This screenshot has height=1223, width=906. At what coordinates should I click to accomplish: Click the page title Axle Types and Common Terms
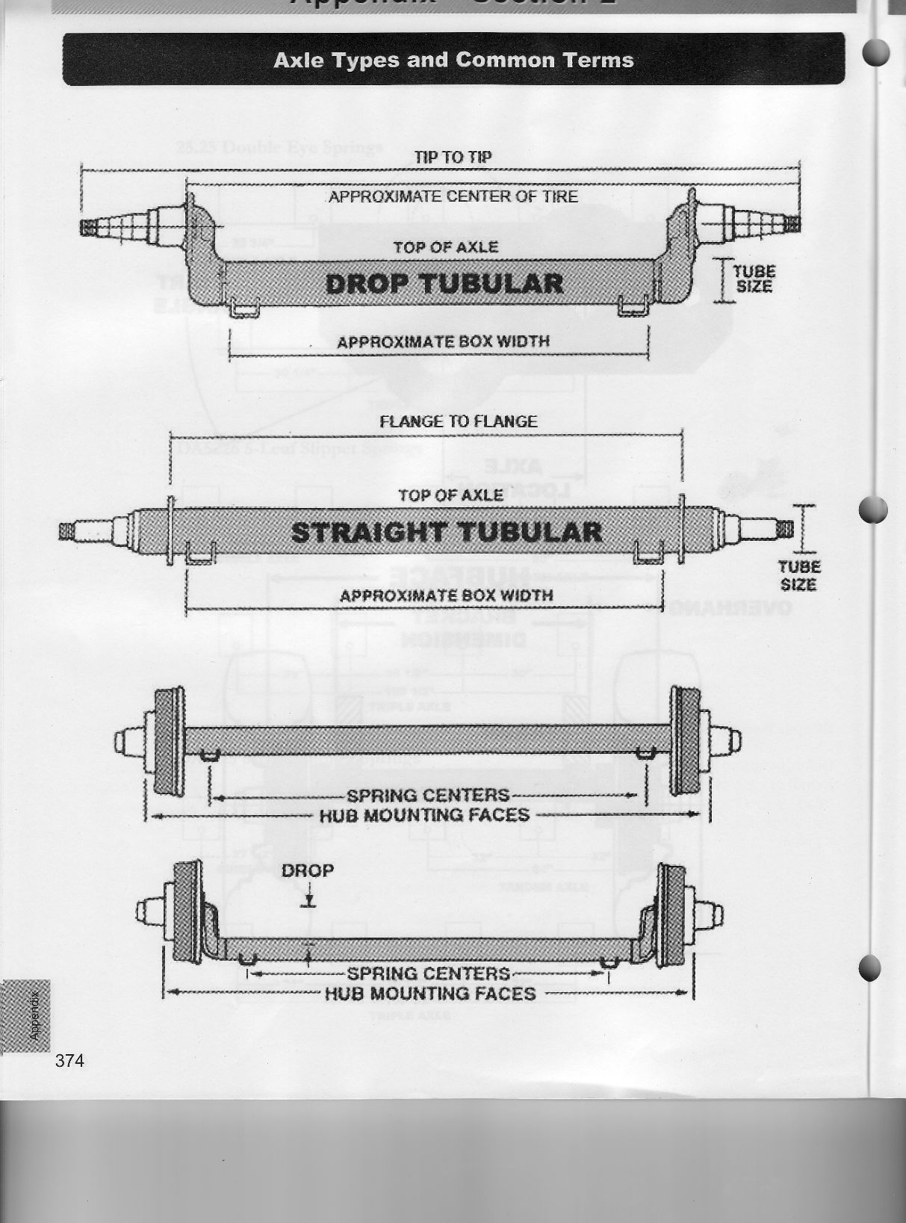[x=453, y=61]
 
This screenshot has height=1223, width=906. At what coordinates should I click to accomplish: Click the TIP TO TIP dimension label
[x=453, y=157]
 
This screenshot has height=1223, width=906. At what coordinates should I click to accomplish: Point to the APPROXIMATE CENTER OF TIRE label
[x=453, y=196]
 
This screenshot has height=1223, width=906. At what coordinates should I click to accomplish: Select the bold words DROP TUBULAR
[x=444, y=284]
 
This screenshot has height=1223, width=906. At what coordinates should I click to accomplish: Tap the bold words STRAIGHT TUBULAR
[x=446, y=533]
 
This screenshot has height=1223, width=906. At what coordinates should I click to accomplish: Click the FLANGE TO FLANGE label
[x=458, y=421]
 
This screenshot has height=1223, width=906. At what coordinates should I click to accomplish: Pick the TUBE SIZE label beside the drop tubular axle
[x=754, y=278]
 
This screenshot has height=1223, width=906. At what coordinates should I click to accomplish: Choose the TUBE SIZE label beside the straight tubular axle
[x=799, y=575]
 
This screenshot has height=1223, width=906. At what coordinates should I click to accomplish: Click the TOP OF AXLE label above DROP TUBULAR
[x=446, y=247]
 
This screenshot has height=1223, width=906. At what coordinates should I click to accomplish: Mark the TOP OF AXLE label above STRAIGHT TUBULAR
[x=450, y=495]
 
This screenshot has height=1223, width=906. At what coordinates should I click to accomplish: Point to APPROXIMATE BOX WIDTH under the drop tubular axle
[x=443, y=342]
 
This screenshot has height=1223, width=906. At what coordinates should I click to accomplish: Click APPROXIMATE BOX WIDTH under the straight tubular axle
[x=446, y=595]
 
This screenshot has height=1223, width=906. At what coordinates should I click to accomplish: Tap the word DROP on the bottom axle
[x=308, y=870]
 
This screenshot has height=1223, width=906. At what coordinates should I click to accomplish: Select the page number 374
[x=69, y=1060]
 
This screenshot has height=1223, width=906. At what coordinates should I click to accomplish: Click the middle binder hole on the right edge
[x=872, y=511]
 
